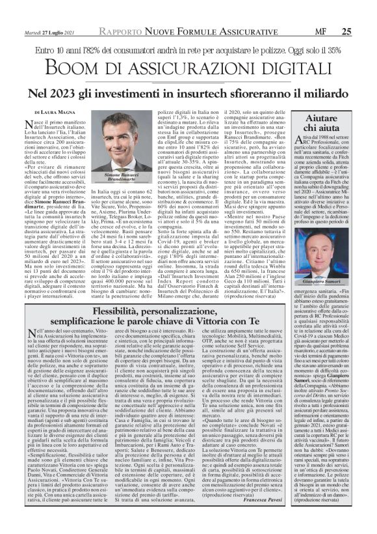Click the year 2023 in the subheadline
86,93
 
